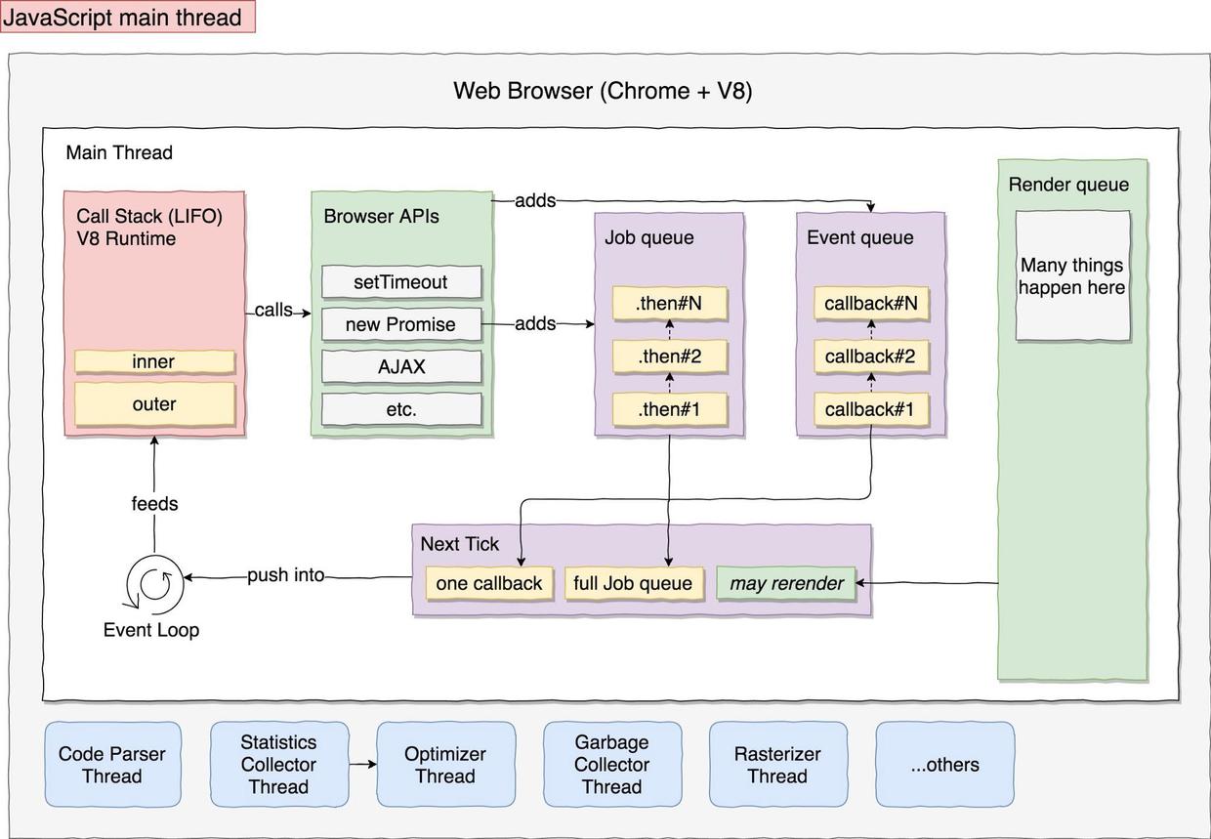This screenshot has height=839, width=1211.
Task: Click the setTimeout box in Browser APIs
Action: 401,282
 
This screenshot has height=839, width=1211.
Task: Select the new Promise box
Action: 401,324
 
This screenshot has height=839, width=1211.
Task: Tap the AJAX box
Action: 401,367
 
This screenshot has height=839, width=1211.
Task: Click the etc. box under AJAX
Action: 401,409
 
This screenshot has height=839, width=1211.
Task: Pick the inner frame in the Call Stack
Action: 154,361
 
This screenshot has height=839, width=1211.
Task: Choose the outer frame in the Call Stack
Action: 154,403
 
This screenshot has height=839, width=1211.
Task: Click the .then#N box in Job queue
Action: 669,304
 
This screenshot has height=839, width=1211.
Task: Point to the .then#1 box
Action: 669,409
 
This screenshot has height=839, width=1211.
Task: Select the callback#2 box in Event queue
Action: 870,357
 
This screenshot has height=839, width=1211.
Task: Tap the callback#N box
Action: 870,304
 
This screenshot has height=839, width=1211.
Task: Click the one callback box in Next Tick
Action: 489,583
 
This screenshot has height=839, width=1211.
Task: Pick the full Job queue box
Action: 633,583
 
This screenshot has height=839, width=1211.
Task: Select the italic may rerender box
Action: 786,583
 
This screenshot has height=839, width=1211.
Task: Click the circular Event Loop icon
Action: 155,583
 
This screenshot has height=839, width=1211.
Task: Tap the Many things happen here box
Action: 1072,276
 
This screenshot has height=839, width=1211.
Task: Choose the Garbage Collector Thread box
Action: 611,765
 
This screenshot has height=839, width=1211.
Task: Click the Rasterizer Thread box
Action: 777,765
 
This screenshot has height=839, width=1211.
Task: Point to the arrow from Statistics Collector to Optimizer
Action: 361,765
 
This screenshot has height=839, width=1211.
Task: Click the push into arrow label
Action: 285,575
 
